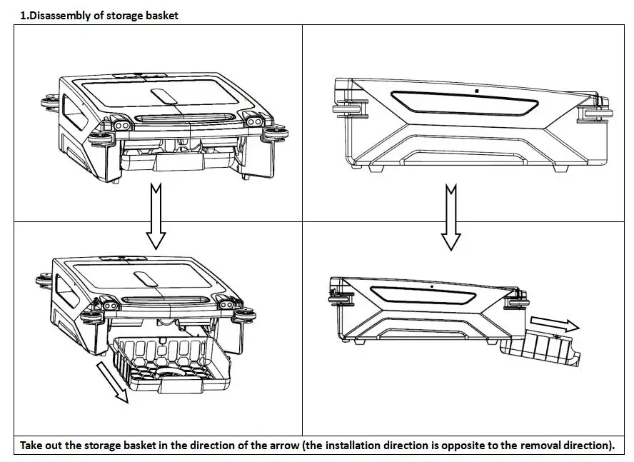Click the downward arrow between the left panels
[156, 215]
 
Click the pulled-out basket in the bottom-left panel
[171, 362]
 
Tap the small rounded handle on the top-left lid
[164, 97]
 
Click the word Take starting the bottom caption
[31, 446]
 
